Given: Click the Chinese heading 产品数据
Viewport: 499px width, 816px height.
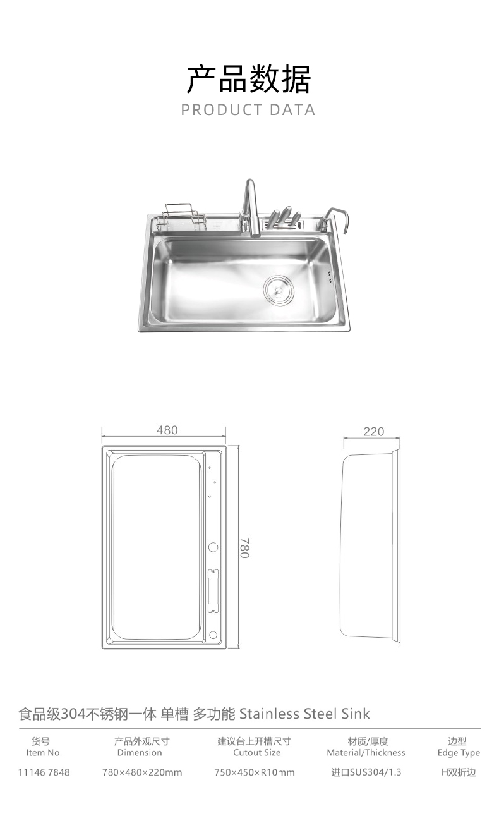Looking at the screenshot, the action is pyautogui.click(x=249, y=78).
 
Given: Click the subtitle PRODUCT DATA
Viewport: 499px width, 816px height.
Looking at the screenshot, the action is pyautogui.click(x=248, y=109).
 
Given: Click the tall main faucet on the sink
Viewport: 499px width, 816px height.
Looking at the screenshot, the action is pyautogui.click(x=250, y=209).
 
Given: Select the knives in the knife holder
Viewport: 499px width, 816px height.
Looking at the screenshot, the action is pyautogui.click(x=284, y=217).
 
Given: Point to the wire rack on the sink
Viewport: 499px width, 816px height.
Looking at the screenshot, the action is pyautogui.click(x=181, y=217).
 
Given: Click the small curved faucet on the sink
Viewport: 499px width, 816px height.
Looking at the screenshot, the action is pyautogui.click(x=333, y=220).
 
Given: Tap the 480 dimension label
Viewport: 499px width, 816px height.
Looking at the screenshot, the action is pyautogui.click(x=167, y=430).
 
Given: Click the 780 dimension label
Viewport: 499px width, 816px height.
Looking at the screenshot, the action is pyautogui.click(x=244, y=547).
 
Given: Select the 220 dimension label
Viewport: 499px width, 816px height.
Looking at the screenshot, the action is pyautogui.click(x=374, y=432).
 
